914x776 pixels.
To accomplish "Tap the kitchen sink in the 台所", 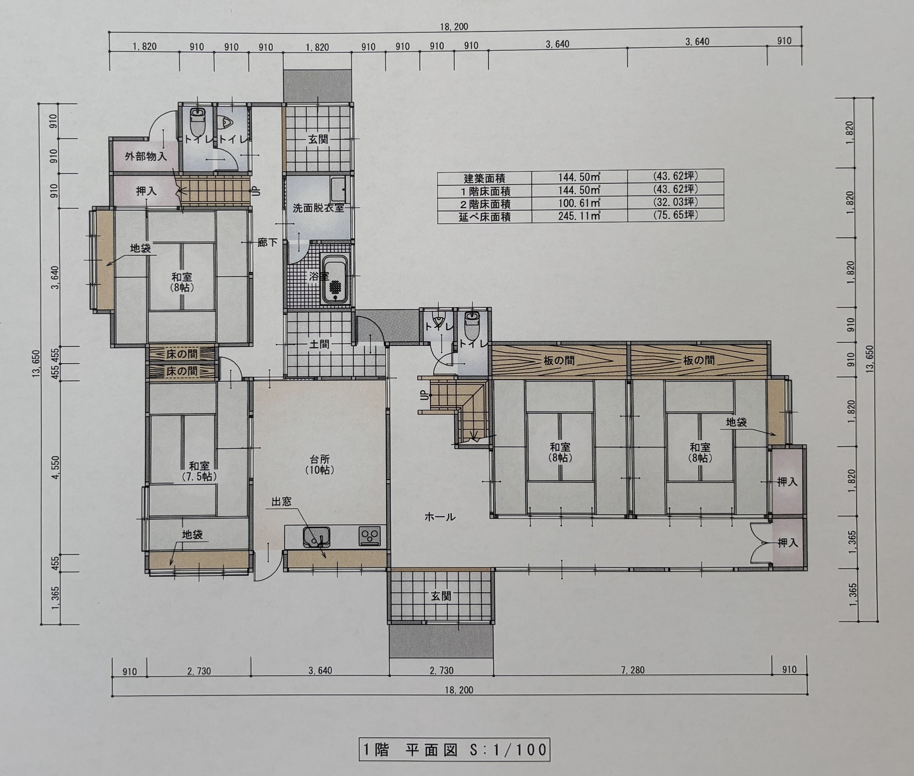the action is [316, 537].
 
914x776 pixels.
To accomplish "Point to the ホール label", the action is [440, 517].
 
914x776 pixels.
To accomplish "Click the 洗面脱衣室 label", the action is [318, 208].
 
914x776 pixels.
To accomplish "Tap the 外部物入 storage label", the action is [146, 156].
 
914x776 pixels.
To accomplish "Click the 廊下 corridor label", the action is [267, 242].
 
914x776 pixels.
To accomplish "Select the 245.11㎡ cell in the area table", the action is [579, 216].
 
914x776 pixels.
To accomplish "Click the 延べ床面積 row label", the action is [485, 216].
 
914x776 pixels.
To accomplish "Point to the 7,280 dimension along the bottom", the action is [632, 670].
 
